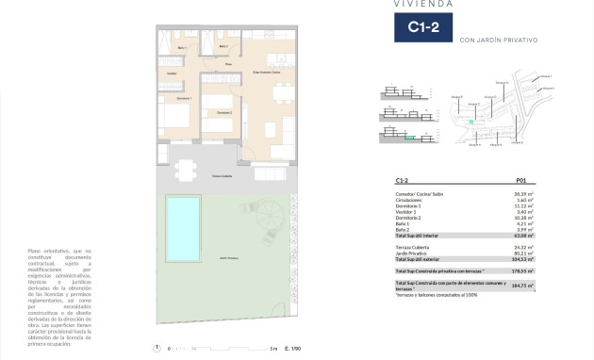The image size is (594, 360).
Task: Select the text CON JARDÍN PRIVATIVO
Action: pos(498,41)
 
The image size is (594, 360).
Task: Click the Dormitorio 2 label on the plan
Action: pos(223,112)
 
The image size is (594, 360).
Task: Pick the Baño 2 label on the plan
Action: pos(223,45)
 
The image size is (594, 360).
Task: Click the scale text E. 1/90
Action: pos(292,349)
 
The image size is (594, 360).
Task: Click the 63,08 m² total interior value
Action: pos(521,235)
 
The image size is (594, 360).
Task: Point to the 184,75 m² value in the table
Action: pos(521,284)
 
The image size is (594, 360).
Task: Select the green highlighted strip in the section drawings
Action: pos(409,138)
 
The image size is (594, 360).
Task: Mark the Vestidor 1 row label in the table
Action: pos(409,212)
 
